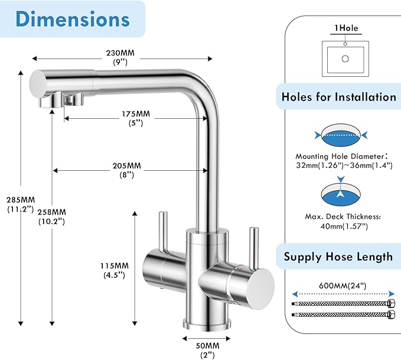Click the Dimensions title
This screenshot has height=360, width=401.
click(73, 19)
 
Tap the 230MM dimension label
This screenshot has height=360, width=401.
click(121, 57)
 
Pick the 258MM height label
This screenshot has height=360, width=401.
click(53, 216)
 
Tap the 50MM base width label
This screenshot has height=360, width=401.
click(207, 349)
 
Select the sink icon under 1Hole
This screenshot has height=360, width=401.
click(345, 57)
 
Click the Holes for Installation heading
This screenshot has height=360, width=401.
click(339, 96)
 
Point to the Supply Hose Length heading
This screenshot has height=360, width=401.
click(338, 257)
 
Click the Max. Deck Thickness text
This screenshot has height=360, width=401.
click(344, 220)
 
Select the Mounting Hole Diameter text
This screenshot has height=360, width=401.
click(344, 161)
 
